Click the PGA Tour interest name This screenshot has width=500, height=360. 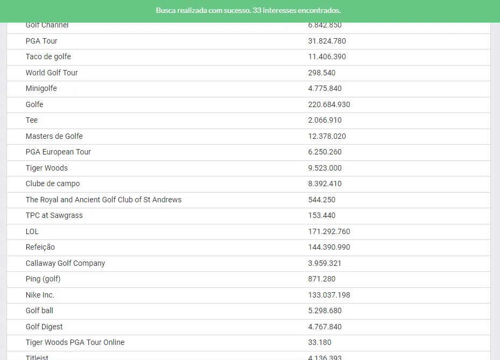41,41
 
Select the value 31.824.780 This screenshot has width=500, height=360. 327,41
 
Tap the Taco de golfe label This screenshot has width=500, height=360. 48,57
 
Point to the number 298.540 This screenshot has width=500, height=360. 321,73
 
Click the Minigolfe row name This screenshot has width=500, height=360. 41,88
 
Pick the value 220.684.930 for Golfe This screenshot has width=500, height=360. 329,104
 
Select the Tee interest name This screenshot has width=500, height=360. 32,120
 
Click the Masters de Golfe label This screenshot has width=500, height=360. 54,136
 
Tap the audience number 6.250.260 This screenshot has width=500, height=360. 325,152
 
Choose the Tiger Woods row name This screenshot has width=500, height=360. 46,168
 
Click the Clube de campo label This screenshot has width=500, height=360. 52,183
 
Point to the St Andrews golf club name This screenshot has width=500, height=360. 103,200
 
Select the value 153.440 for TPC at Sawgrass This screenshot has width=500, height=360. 321,215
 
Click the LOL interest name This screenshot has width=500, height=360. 32,231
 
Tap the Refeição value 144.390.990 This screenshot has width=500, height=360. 329,247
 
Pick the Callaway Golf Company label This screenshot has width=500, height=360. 65,263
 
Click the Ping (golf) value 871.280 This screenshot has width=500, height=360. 321,279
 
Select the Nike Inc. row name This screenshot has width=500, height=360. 40,295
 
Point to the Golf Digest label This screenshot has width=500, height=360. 44,327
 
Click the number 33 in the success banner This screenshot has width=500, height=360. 257,10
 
